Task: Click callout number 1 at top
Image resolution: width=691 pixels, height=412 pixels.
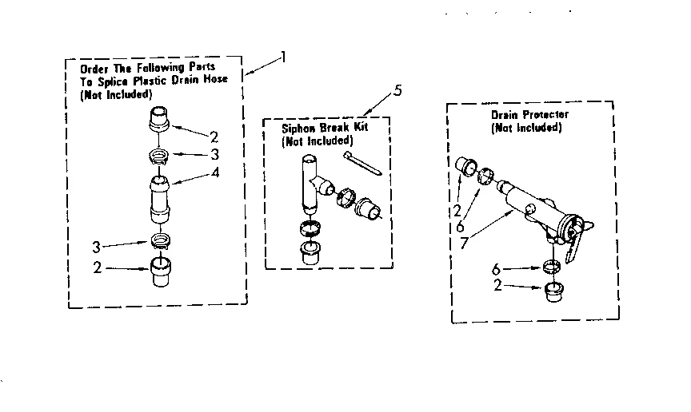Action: pyautogui.click(x=282, y=57)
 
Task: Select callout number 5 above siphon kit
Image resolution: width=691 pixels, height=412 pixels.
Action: pyautogui.click(x=398, y=89)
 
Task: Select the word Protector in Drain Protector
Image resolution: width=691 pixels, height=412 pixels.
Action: pyautogui.click(x=544, y=115)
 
